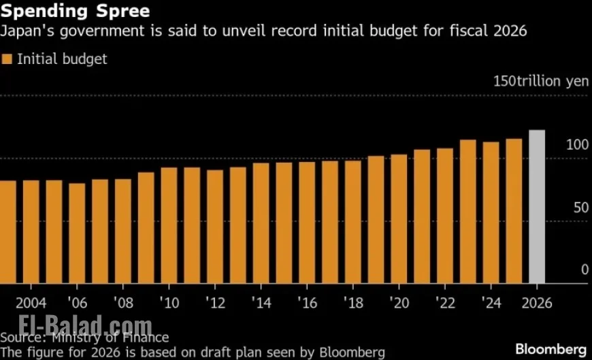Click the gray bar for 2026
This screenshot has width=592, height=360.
537,207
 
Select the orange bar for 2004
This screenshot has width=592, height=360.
31,232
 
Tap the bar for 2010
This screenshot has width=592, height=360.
169,225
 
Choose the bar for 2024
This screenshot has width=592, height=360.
491,212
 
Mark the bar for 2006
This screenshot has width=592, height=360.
77,233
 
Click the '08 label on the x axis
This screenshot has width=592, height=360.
123,302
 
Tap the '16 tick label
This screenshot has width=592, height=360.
307,302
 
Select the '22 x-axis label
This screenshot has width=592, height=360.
445,302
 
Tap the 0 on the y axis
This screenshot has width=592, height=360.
584,270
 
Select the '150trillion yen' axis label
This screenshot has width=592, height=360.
540,81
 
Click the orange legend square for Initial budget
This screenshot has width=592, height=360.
7,59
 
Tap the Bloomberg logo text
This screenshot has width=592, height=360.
550,349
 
